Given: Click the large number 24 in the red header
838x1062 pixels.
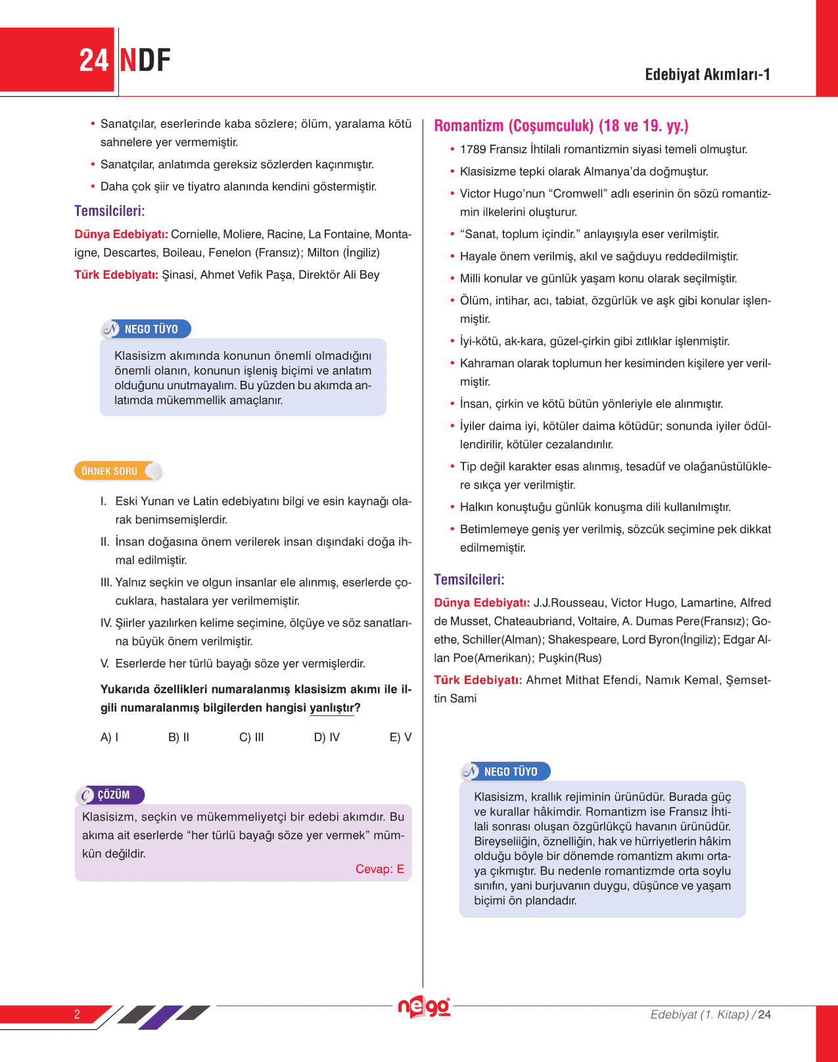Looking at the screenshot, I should pos(93,60).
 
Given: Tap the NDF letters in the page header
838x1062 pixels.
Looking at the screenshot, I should pos(145,60).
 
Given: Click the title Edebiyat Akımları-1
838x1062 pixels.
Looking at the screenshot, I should pos(707,74).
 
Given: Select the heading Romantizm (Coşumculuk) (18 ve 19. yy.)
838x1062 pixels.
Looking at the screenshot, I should pos(561,126).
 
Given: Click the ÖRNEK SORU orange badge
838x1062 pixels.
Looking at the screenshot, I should pos(110,471).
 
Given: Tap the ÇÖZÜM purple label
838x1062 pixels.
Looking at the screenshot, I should pos(113,794).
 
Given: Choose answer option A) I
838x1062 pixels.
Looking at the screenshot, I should pos(109,737).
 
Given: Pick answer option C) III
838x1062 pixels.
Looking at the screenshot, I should pos(251,737).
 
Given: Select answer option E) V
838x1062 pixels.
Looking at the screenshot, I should pos(400,737).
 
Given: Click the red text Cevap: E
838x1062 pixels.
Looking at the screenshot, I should pos(379,869).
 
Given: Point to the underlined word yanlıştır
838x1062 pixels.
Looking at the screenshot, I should pos(331,708).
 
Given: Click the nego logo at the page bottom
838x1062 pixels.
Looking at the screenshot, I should pos(424,1007).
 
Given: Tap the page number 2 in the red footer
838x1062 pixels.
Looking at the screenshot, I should pos(77,1014).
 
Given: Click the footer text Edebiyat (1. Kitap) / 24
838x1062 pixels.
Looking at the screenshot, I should pos(710,1014).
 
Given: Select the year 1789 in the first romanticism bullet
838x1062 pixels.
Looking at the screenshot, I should pos(473,149).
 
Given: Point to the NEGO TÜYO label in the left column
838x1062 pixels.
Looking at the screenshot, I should pos(151,329).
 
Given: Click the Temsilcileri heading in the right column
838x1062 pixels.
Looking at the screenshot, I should pos(469,579).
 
